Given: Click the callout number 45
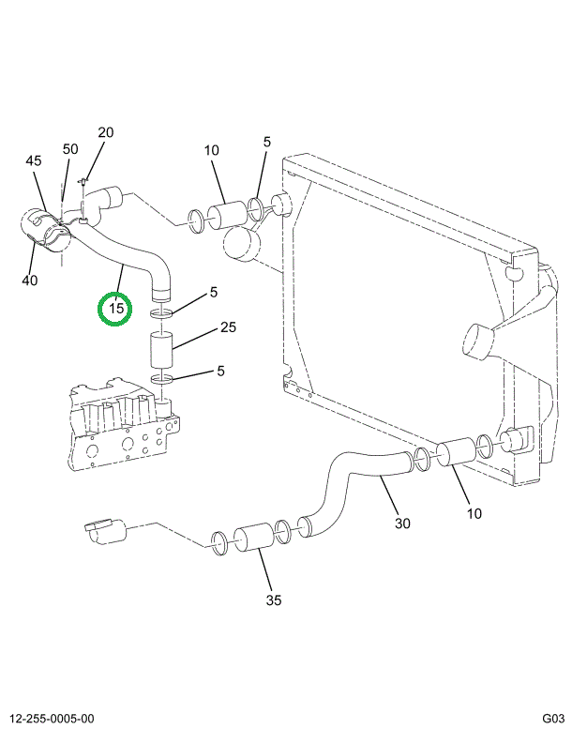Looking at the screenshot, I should tap(34, 161).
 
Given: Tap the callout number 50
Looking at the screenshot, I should tap(70, 149).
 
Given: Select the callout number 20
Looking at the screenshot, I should tap(105, 132).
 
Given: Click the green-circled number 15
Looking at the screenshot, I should tap(116, 308).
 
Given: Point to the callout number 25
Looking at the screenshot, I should tap(228, 327).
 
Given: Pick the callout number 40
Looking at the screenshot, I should tap(30, 281).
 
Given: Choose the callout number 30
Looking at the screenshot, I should tap(402, 524).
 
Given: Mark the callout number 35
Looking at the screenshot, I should tap(274, 600).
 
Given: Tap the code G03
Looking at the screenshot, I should tap(552, 719).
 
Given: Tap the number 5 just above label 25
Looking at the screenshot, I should tap(214, 293).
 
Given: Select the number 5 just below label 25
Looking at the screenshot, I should tap(220, 371).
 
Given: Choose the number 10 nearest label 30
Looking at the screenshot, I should tap(474, 513).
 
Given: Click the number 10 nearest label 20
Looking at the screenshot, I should tap(210, 150).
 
